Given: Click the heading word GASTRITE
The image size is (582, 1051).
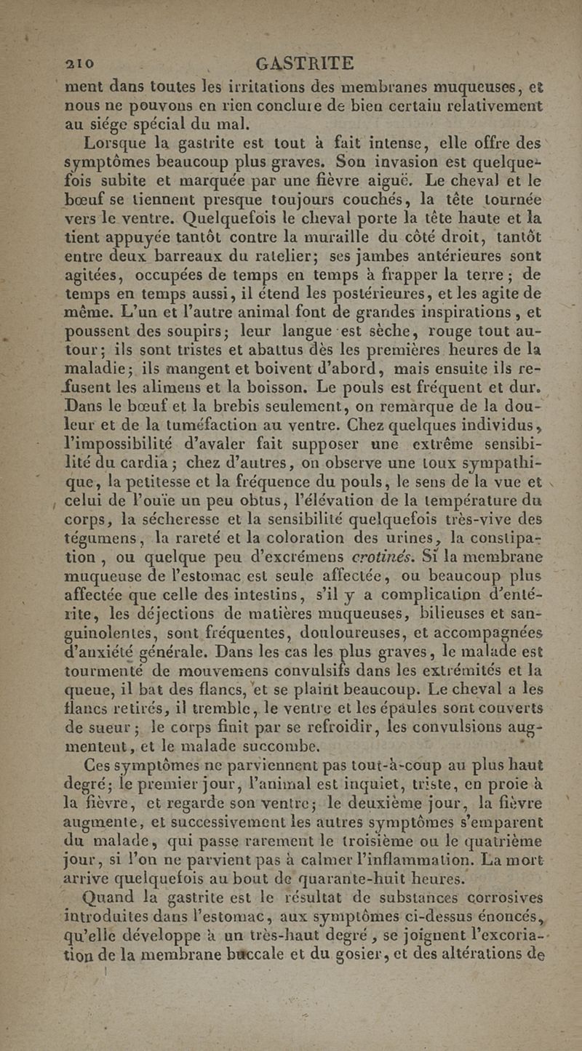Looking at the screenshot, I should coord(300,63).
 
